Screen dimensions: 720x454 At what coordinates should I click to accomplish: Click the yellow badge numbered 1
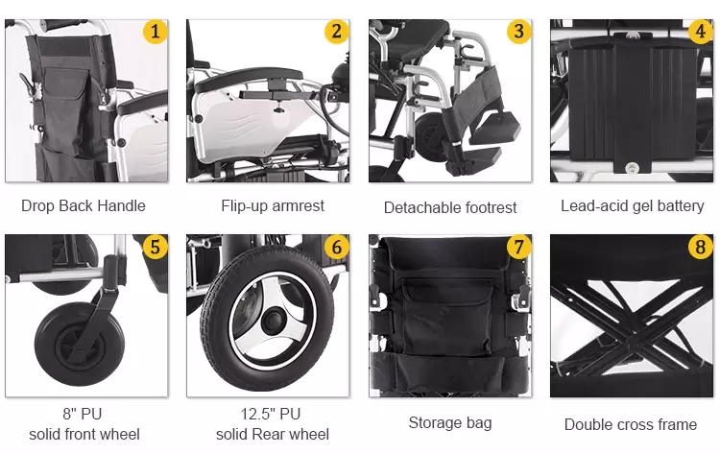tap(156, 32)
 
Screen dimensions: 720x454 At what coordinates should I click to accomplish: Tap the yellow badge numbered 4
tap(701, 32)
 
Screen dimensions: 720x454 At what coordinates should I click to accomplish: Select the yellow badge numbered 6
tap(337, 247)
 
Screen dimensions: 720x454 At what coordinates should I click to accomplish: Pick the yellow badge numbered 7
tap(518, 247)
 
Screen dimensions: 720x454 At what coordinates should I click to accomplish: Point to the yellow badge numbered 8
tap(701, 247)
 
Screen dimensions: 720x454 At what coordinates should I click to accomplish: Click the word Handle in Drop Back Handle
tap(122, 205)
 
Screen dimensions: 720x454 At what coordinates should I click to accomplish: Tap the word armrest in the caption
tap(299, 205)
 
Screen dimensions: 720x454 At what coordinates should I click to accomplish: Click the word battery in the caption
tap(681, 206)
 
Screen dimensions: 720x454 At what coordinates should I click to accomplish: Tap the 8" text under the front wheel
tap(69, 414)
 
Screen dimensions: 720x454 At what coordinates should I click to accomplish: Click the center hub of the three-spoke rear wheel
tap(274, 319)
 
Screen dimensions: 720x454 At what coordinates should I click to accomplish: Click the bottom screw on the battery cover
tap(632, 168)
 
